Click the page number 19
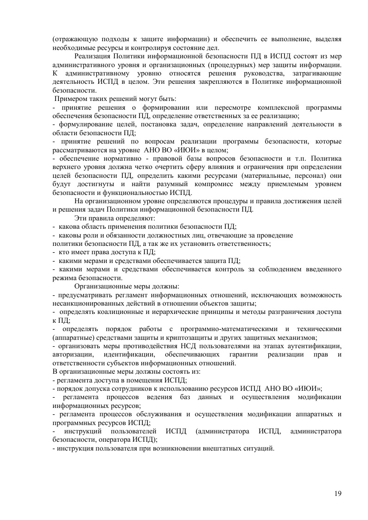click(338, 494)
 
